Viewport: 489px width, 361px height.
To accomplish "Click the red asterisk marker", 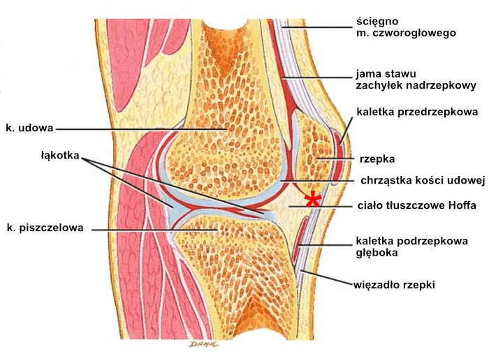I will (x=314, y=199).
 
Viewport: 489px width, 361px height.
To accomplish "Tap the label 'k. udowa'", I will (x=29, y=128).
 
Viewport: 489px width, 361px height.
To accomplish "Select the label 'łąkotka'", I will (x=60, y=155).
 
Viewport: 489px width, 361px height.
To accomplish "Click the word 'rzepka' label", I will (x=376, y=159).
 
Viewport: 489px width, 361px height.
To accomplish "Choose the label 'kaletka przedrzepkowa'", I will (x=417, y=111).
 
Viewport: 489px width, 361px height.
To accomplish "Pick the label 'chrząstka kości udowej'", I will (x=422, y=180).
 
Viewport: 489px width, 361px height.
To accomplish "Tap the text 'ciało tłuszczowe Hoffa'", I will (x=416, y=205).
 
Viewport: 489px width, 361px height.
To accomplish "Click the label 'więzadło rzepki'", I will (x=395, y=285).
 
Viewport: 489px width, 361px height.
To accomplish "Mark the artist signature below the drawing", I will (x=202, y=344).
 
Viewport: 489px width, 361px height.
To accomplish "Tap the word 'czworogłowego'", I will (x=421, y=33).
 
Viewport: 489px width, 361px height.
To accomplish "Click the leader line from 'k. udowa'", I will (x=140, y=128).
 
